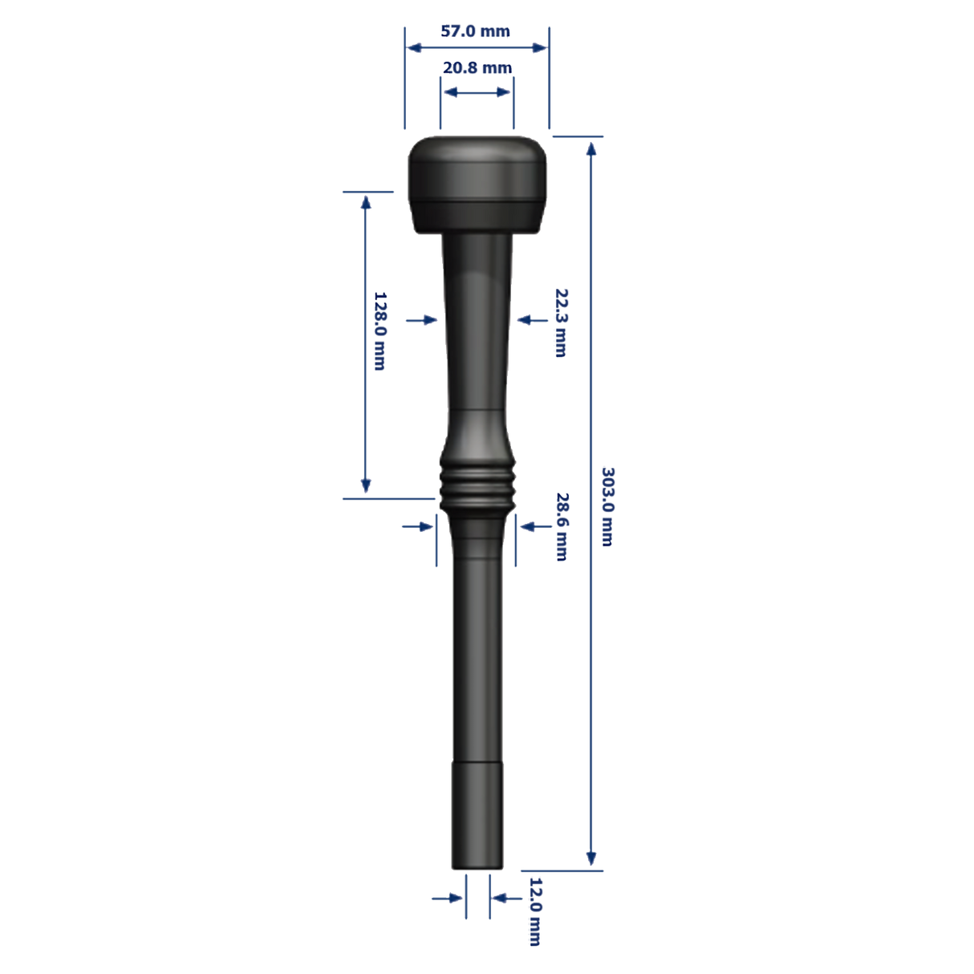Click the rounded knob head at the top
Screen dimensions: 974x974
(477, 185)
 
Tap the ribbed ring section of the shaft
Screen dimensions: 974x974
(477, 484)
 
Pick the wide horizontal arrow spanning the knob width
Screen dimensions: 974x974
(477, 48)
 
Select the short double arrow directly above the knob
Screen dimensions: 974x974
(477, 93)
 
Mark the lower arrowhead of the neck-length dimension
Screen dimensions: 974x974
(366, 485)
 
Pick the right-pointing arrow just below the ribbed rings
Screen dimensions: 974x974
(419, 526)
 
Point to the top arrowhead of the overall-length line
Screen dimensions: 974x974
(592, 149)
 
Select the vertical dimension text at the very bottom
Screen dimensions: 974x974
(537, 911)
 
